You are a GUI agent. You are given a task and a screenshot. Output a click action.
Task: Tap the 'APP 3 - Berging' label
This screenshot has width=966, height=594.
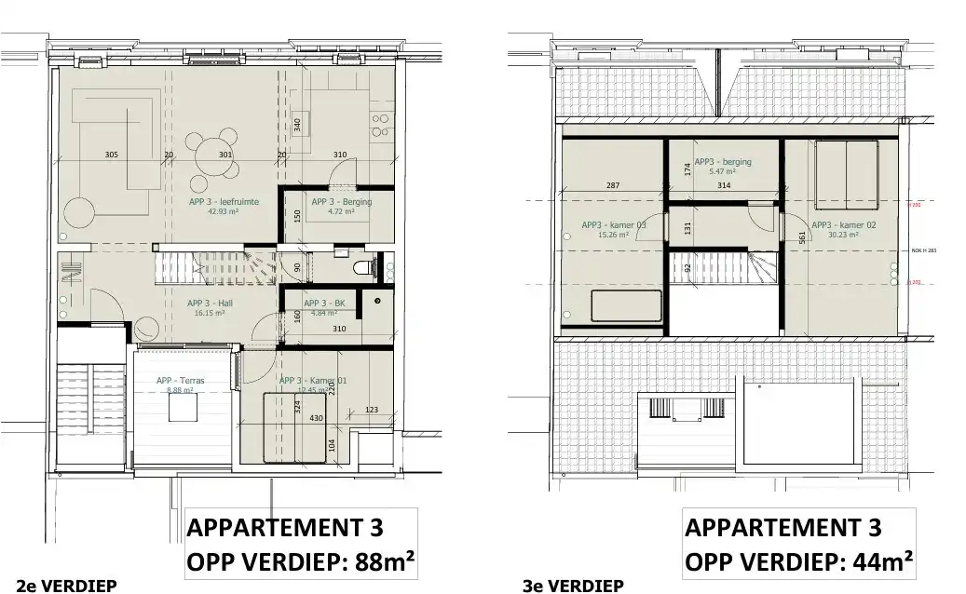pyautogui.click(x=341, y=202)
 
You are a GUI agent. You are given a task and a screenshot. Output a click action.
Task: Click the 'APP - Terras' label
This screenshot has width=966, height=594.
pyautogui.click(x=180, y=381)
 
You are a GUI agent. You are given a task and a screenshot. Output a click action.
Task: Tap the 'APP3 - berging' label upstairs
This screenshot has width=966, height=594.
pyautogui.click(x=722, y=162)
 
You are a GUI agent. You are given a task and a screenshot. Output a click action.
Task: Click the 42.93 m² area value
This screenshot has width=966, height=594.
pyautogui.click(x=224, y=211)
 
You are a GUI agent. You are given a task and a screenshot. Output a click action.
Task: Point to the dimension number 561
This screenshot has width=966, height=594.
pyautogui.click(x=800, y=236)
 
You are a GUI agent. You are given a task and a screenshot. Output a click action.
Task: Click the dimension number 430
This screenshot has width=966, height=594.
pyautogui.click(x=317, y=418)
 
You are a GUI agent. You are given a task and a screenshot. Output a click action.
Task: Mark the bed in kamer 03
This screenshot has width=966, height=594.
pyautogui.click(x=625, y=306)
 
